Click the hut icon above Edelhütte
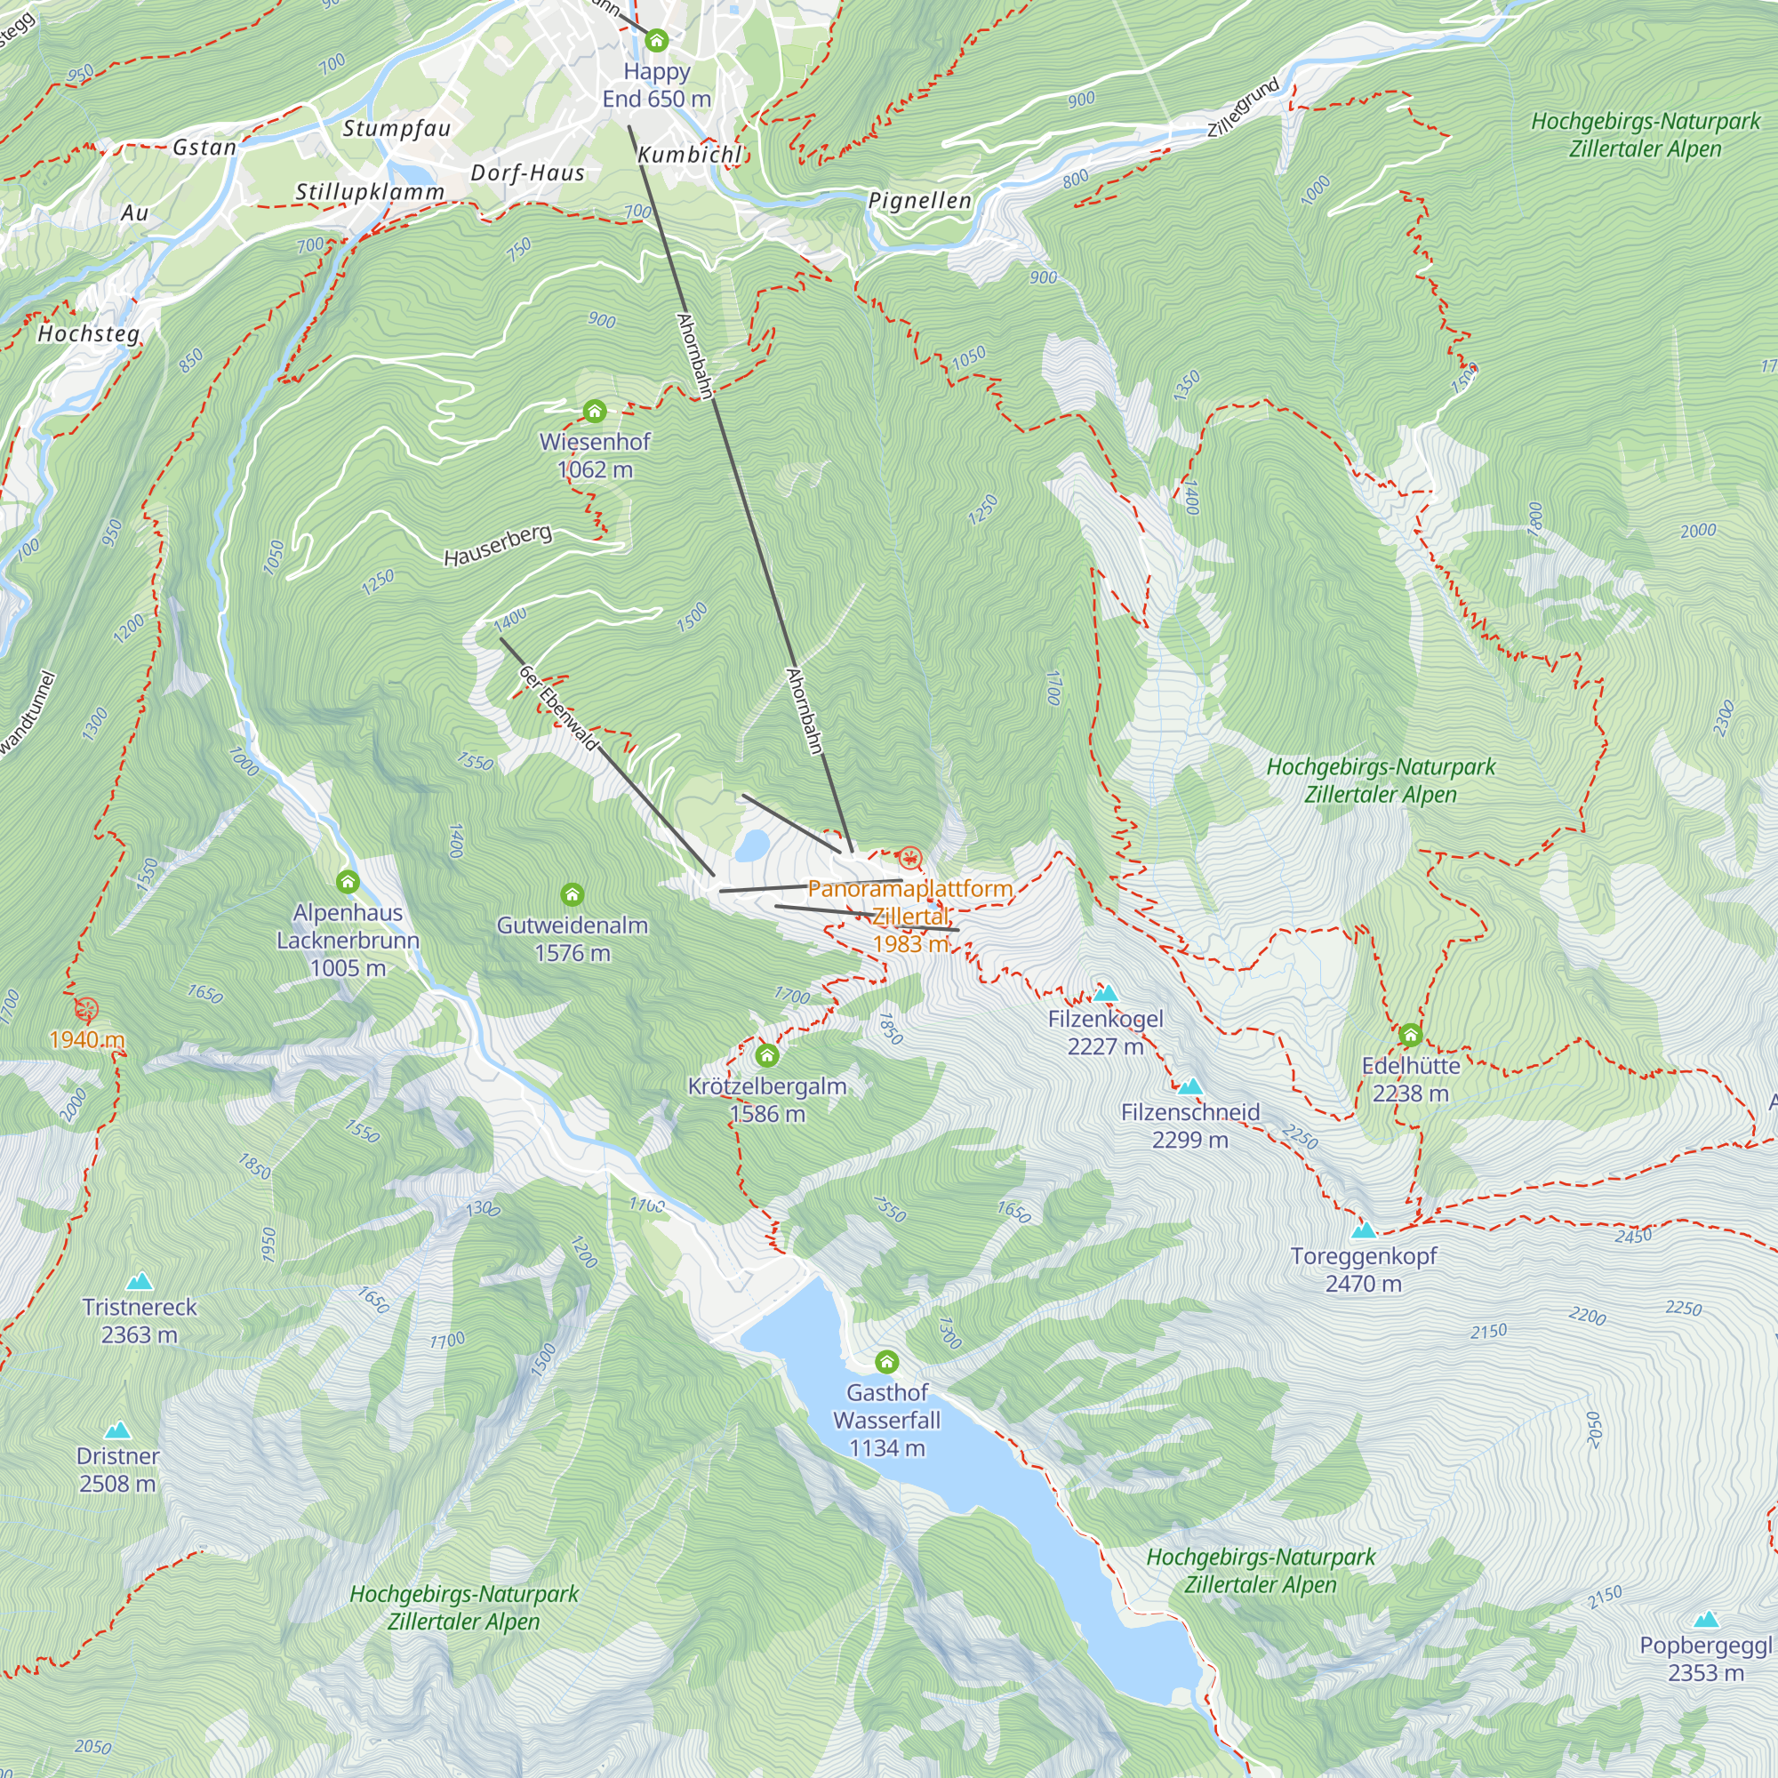(1410, 1036)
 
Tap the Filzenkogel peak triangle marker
(1105, 994)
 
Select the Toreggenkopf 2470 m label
(1363, 1269)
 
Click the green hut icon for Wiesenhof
(595, 411)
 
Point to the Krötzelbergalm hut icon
(766, 1054)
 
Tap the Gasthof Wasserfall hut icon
(886, 1361)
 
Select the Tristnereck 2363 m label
(139, 1321)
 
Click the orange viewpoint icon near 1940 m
(86, 1010)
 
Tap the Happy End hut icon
(656, 41)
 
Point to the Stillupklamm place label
(369, 192)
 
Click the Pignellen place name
(919, 201)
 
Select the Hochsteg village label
(88, 333)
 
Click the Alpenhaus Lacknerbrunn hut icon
(347, 882)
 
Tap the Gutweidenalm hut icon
(572, 894)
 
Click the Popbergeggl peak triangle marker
(1706, 1620)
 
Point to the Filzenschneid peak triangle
(1190, 1087)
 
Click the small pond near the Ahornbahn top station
(752, 843)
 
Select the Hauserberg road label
(498, 546)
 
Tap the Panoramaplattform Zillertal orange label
(909, 916)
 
